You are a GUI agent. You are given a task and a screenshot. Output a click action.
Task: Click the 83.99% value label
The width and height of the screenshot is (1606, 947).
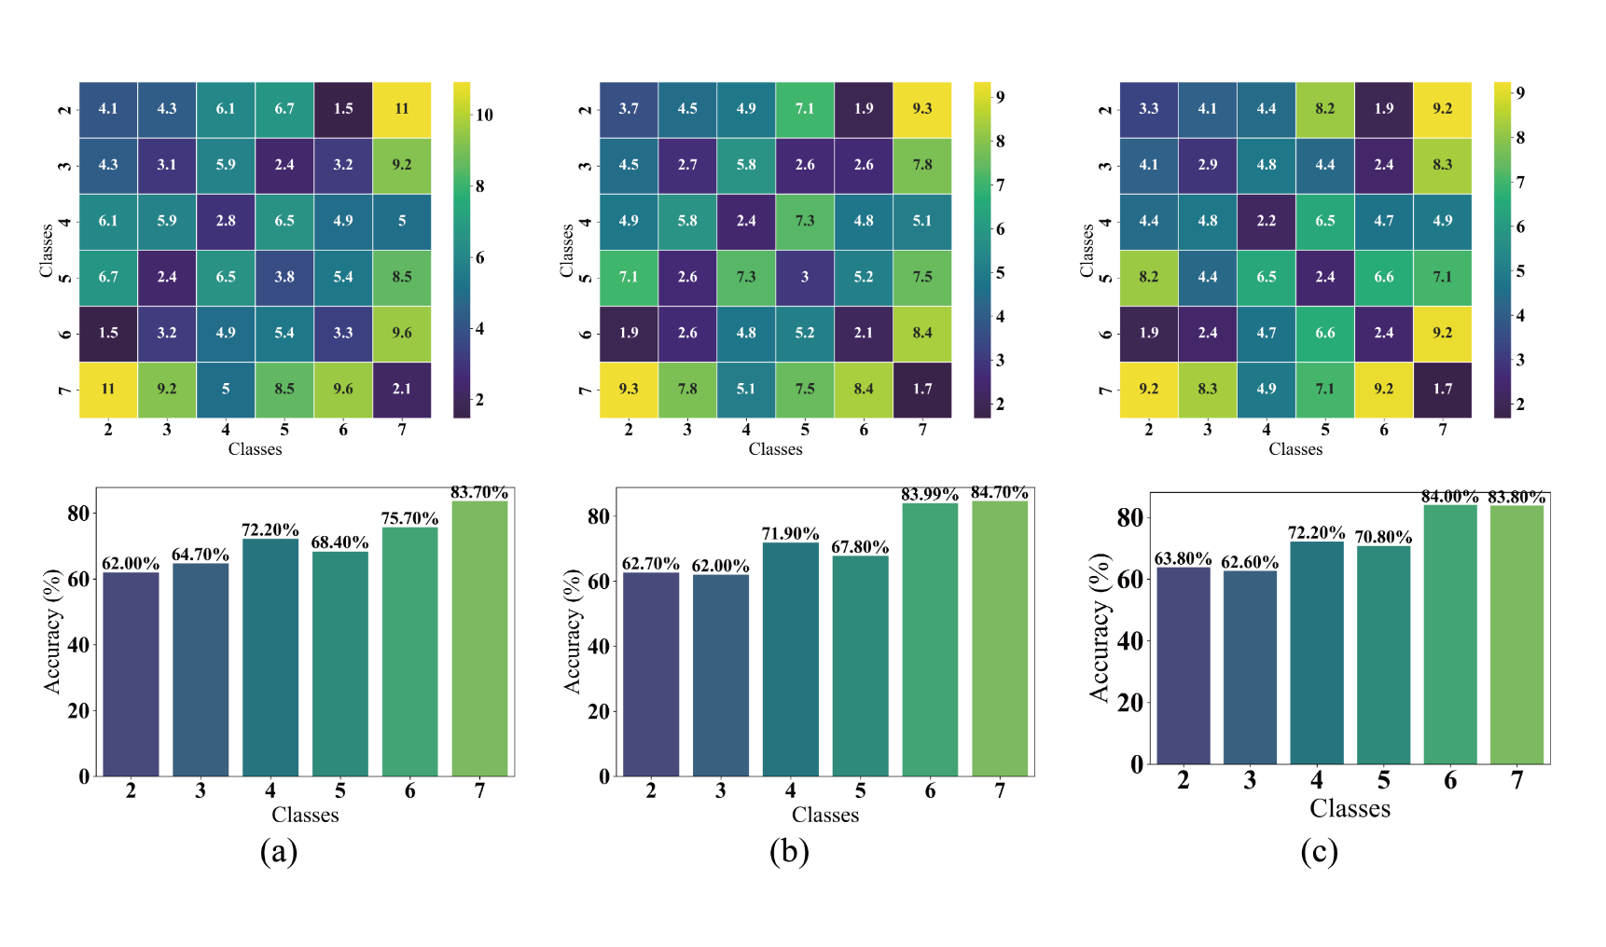[x=930, y=495]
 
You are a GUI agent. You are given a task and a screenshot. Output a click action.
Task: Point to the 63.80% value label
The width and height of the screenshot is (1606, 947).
[x=1183, y=559]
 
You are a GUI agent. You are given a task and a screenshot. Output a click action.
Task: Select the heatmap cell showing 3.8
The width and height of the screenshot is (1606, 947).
[x=284, y=277]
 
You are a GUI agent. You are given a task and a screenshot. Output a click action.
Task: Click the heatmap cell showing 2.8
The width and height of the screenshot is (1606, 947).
[x=226, y=221]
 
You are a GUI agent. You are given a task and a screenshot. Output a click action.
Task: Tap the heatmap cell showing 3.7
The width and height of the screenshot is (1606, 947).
[x=629, y=109]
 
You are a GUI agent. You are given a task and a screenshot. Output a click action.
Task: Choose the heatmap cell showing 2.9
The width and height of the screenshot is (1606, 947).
[x=1208, y=165]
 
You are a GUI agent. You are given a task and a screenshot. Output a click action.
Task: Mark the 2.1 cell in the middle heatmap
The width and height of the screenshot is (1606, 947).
[x=864, y=333]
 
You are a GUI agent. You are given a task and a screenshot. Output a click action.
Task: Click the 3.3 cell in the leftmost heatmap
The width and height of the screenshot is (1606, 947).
[x=343, y=333]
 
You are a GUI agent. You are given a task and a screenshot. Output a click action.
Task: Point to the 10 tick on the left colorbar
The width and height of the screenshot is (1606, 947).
[x=484, y=115]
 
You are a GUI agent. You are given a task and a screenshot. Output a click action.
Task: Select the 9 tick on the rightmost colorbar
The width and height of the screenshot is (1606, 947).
[x=1520, y=92]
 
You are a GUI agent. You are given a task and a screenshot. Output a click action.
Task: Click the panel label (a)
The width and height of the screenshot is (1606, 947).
[x=278, y=851]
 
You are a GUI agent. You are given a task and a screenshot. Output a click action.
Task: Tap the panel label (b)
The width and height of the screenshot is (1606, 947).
[x=789, y=851]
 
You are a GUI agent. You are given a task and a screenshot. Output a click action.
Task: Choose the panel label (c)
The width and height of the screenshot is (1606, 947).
[x=1319, y=851]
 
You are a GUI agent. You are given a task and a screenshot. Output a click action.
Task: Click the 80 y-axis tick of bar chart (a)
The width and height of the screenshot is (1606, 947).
[x=78, y=514]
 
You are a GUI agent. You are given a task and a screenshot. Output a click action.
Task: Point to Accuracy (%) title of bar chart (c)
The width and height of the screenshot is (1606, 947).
[x=1101, y=627]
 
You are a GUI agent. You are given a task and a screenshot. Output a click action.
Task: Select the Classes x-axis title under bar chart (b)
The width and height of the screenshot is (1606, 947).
[x=825, y=816]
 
